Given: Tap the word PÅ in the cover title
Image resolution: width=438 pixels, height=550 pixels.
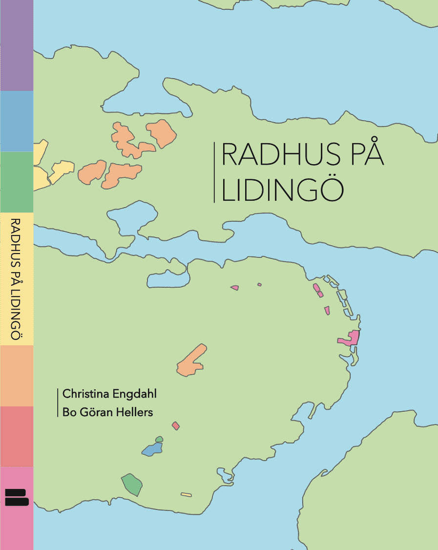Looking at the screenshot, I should (x=366, y=156).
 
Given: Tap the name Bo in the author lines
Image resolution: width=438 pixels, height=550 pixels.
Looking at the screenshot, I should (x=69, y=412).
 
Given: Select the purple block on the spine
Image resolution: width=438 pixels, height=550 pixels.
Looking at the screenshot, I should (x=17, y=45).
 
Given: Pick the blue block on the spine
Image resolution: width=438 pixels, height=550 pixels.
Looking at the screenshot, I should (x=17, y=121).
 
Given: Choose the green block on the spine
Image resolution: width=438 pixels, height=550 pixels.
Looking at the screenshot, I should (x=17, y=182).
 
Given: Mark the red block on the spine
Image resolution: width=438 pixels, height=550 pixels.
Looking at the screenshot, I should (x=17, y=437).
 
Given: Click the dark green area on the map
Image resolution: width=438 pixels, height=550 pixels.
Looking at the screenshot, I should (x=132, y=484).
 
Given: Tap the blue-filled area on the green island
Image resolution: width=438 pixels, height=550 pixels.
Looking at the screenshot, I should (x=152, y=449).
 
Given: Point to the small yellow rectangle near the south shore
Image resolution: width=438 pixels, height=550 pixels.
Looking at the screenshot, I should (x=186, y=495).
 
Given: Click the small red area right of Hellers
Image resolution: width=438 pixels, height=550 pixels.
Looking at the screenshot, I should (x=176, y=426).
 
